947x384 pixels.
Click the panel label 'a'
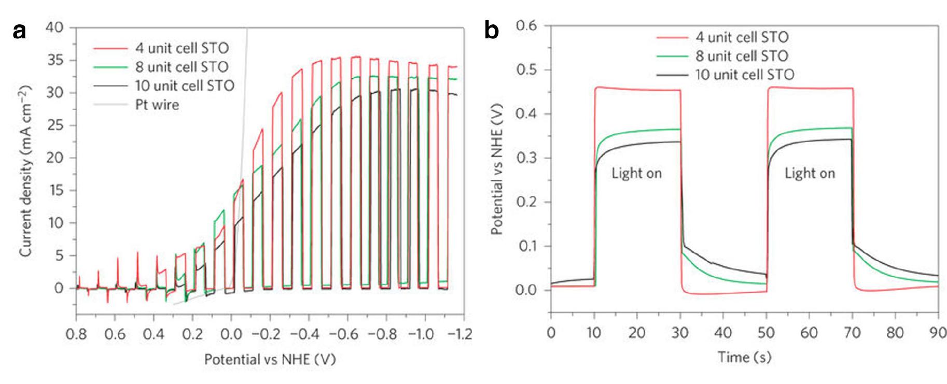[x=19, y=32]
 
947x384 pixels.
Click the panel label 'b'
[x=491, y=31]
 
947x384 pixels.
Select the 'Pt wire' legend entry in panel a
[x=157, y=105]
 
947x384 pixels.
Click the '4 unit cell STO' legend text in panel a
[x=182, y=48]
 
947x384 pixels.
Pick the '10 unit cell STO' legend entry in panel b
[x=744, y=75]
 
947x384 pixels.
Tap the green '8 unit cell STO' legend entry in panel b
[x=742, y=56]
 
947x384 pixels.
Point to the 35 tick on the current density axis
[x=54, y=60]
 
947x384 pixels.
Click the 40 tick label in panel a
[x=54, y=27]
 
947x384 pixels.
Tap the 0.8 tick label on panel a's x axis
[x=76, y=334]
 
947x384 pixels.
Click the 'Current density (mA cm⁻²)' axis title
[x=25, y=171]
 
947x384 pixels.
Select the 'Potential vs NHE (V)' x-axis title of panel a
[x=270, y=359]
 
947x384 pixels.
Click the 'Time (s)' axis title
[x=744, y=357]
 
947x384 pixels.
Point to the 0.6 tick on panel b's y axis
[x=526, y=25]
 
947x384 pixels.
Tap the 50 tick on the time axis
[x=766, y=332]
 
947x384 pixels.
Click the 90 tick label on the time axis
[x=938, y=332]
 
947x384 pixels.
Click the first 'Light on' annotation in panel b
[x=636, y=173]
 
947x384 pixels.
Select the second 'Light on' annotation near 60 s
[x=810, y=173]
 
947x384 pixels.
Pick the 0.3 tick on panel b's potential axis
[x=526, y=158]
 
